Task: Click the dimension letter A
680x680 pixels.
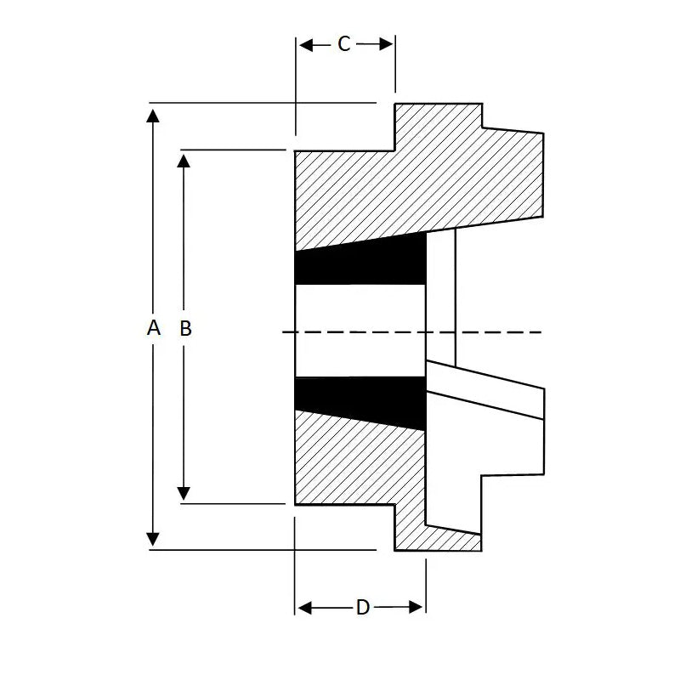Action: click(x=153, y=328)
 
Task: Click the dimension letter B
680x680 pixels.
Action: click(x=185, y=328)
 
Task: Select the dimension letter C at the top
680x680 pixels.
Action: click(x=344, y=44)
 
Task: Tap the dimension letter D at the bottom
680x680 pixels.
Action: click(x=362, y=608)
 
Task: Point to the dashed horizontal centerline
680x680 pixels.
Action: click(x=493, y=331)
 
